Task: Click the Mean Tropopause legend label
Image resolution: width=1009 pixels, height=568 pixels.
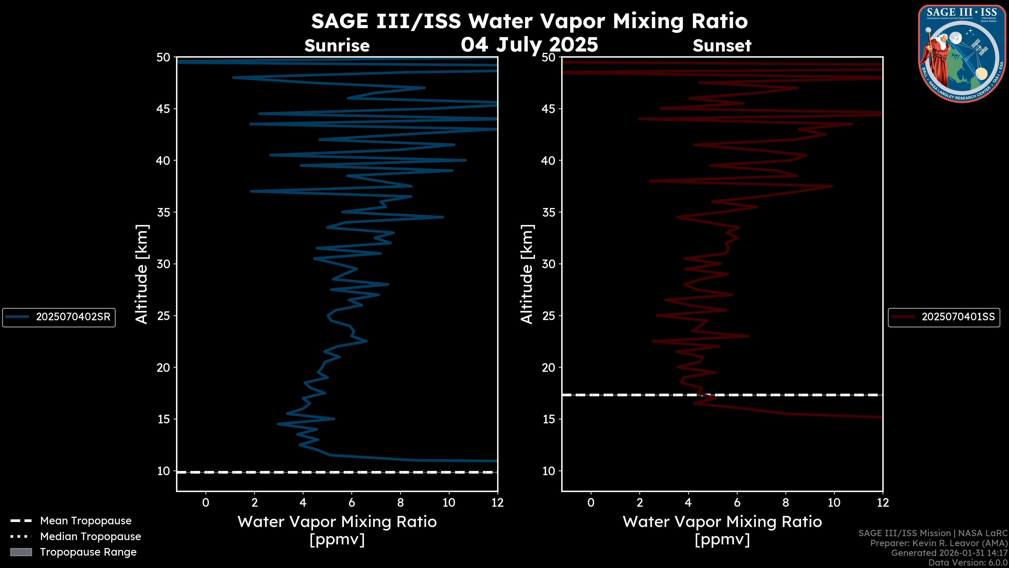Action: (x=85, y=521)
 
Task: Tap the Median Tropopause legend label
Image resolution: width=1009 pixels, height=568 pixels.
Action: (x=90, y=537)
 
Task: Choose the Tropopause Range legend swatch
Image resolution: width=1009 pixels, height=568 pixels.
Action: (x=21, y=552)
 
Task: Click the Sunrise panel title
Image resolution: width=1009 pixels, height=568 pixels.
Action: (x=337, y=46)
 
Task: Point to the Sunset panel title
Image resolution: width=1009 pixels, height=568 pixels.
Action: (x=722, y=46)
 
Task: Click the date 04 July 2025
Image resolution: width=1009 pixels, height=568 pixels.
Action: (x=529, y=44)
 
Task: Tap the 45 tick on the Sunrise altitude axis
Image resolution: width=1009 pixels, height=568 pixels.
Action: (x=163, y=109)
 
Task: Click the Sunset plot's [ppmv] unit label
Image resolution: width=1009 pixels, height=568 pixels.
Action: (x=722, y=540)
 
